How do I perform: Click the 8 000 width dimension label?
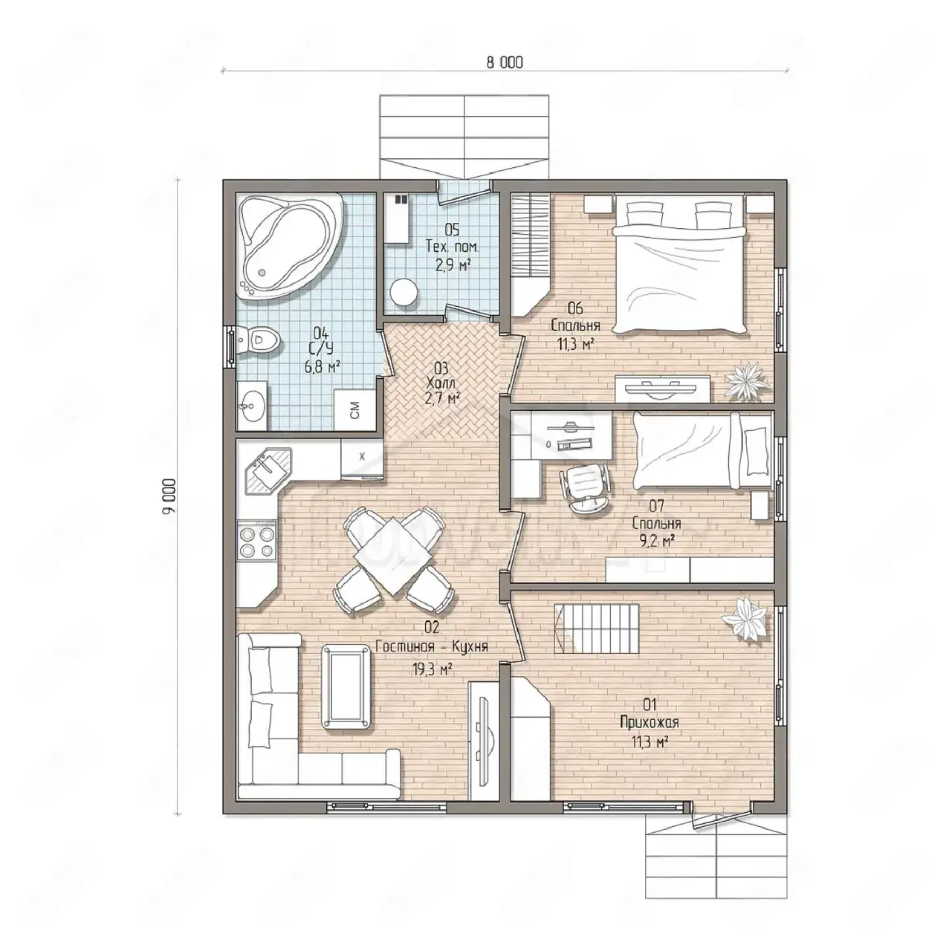coord(504,62)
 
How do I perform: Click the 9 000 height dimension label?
coord(170,497)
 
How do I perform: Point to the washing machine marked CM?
coord(354,409)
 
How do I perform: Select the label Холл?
coord(441,383)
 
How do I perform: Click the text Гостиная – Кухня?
coord(432,646)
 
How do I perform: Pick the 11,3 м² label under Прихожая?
coord(650,741)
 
